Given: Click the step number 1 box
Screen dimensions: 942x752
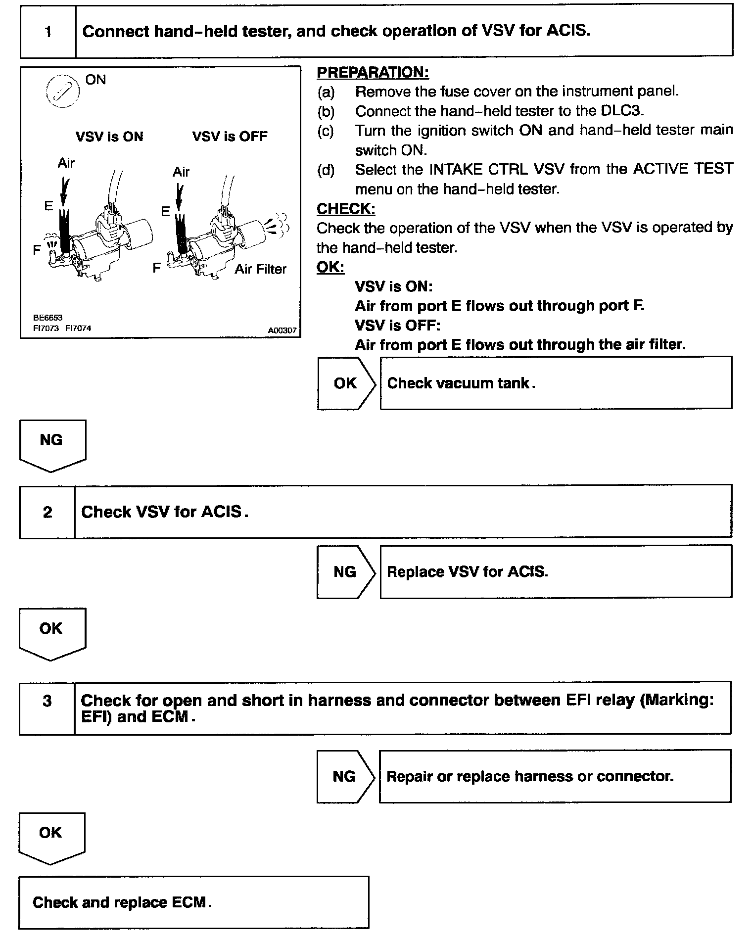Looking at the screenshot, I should [x=48, y=32].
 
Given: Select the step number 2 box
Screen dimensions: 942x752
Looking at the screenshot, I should [x=47, y=512].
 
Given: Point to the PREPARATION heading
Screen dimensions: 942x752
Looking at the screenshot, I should [x=373, y=72].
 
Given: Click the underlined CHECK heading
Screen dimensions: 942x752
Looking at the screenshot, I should [x=346, y=209].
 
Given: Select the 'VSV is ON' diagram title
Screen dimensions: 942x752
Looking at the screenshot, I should [x=109, y=137].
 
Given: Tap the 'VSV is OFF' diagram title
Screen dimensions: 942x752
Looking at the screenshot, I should [x=230, y=137].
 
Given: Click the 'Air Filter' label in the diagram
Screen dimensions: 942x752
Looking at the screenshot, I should [x=260, y=269].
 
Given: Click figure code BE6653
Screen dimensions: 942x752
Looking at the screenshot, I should [x=48, y=318].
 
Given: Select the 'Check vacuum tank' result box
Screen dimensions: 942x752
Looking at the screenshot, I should [x=556, y=383].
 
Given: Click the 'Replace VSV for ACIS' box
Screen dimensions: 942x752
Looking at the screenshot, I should [x=556, y=572].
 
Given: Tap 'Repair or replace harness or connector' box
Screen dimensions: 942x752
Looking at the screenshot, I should [x=555, y=776].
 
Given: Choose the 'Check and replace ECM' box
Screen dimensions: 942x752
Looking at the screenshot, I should [x=193, y=902].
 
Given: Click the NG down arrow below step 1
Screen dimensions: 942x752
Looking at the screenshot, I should [x=52, y=444].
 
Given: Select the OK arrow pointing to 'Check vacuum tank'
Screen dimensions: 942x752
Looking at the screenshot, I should [x=346, y=383].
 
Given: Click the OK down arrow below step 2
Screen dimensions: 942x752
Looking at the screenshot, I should [x=52, y=633].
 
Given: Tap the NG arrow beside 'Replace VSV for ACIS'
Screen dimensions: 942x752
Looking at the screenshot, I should [x=346, y=572].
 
